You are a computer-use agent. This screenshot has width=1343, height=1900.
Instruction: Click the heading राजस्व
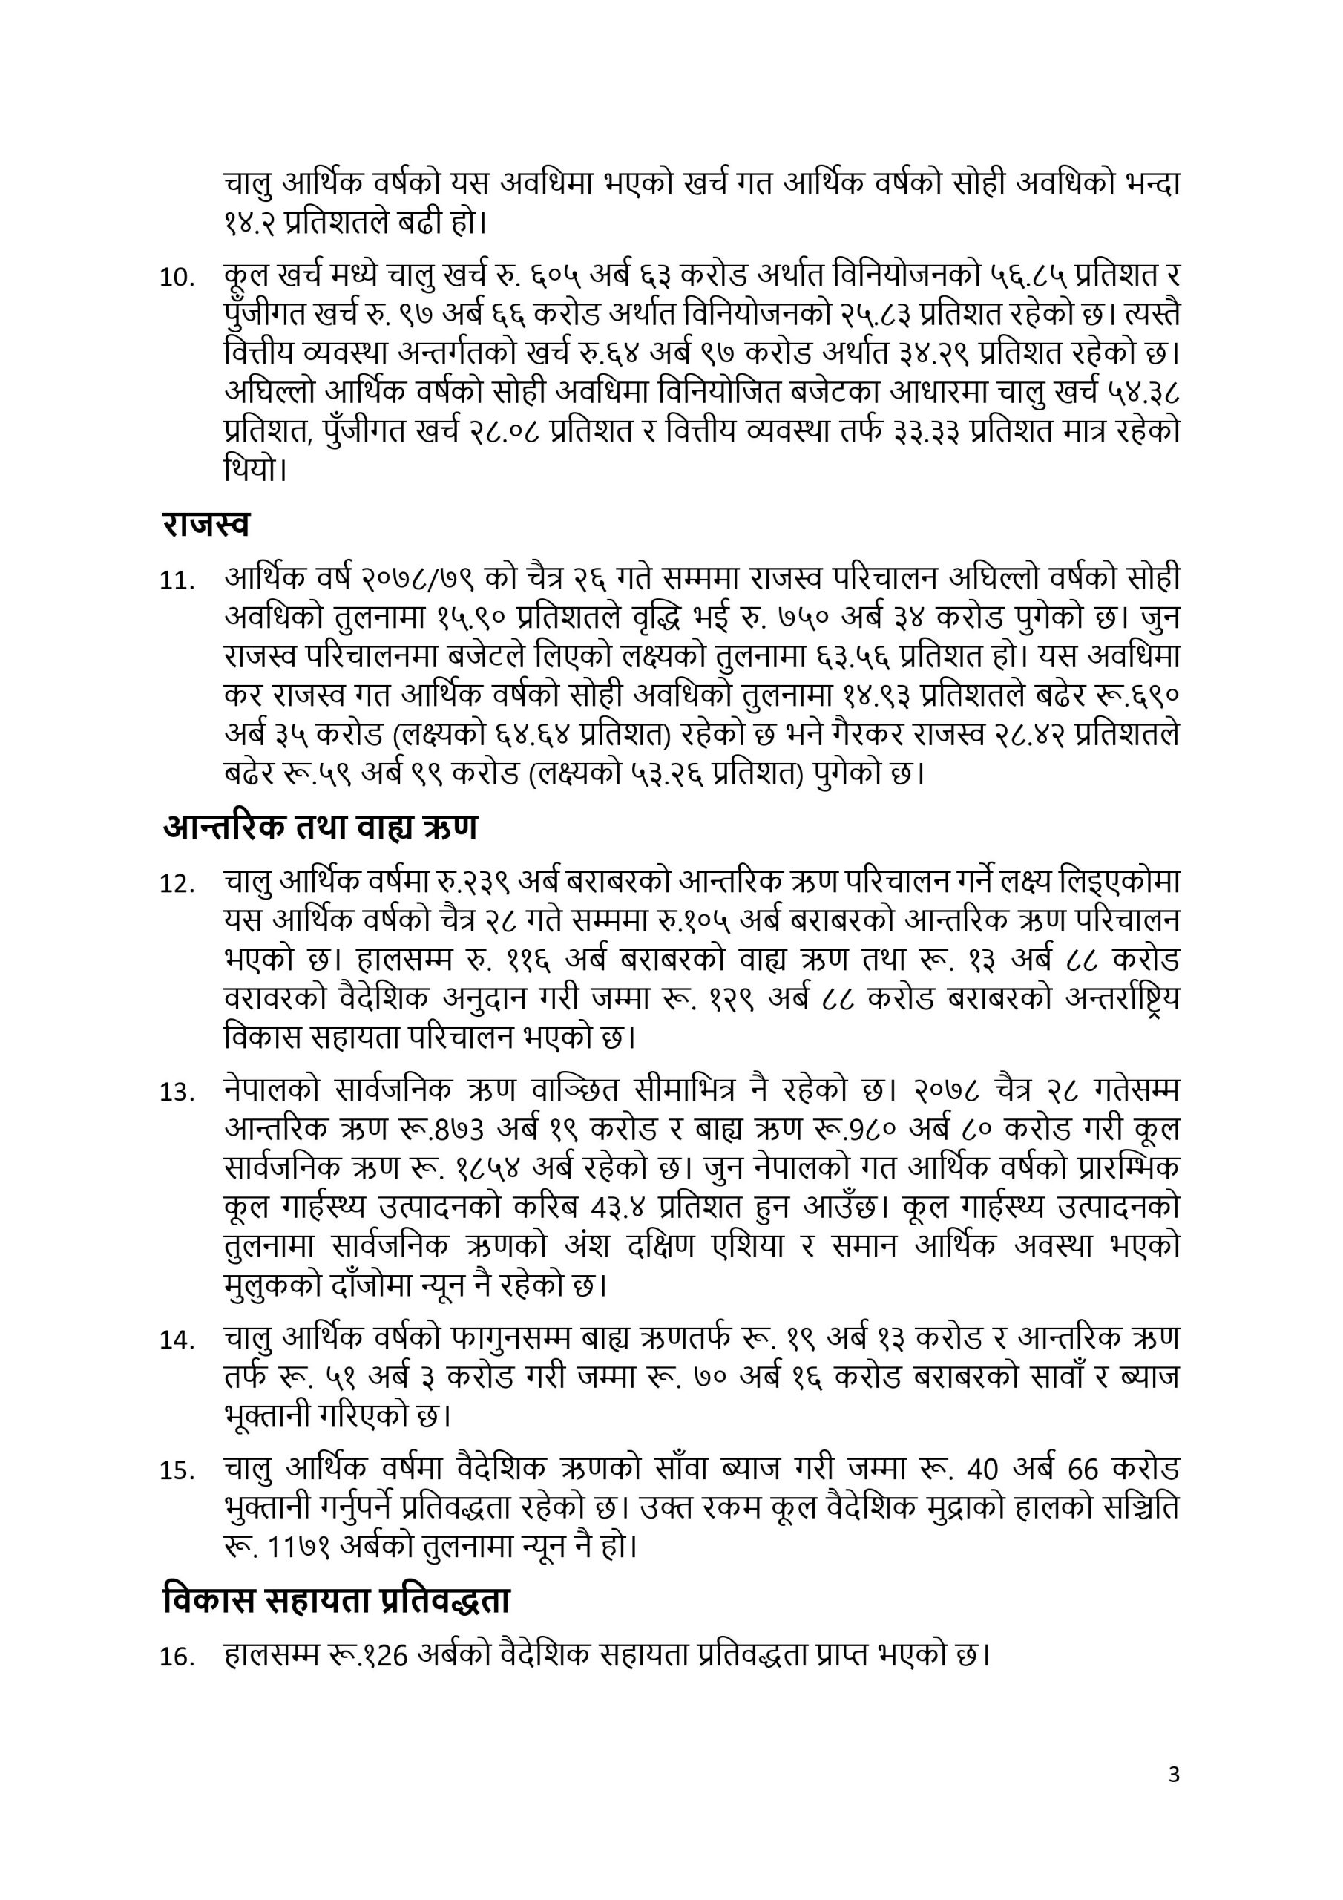tap(206, 524)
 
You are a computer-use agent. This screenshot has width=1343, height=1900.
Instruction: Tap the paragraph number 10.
tap(177, 278)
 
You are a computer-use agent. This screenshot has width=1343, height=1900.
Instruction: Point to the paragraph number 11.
tap(177, 581)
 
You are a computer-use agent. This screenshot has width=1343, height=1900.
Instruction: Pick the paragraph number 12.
tap(177, 885)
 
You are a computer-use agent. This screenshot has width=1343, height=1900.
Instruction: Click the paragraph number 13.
tap(177, 1093)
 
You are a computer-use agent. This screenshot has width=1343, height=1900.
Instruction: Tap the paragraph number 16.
tap(177, 1657)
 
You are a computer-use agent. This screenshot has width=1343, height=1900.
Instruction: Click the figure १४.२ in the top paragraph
tap(249, 223)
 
